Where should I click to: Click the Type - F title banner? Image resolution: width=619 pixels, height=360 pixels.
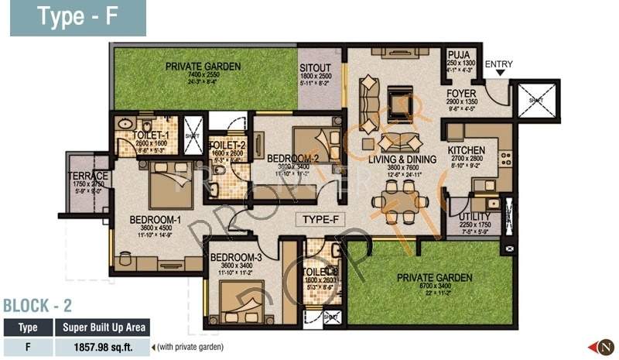click(x=77, y=18)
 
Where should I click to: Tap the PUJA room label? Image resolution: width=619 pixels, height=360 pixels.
click(x=458, y=55)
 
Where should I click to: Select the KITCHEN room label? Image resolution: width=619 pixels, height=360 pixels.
click(x=467, y=150)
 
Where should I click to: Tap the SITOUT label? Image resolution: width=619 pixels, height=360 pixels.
click(x=315, y=67)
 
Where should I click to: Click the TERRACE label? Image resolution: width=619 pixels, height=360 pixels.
click(x=87, y=177)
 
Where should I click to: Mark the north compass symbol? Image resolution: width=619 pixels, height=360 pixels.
click(x=603, y=346)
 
